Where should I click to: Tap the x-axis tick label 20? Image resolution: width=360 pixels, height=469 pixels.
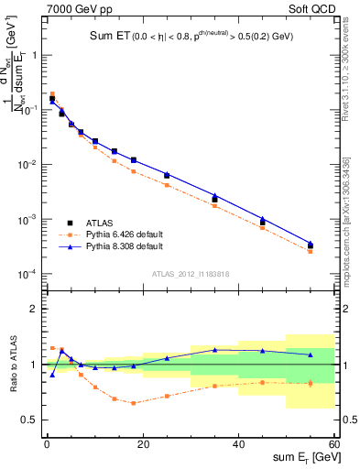[142, 444]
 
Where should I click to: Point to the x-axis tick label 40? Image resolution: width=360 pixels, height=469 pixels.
[238, 444]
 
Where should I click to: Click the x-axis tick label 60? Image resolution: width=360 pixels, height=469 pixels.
[333, 444]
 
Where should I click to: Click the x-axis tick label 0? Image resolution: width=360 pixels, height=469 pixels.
[47, 444]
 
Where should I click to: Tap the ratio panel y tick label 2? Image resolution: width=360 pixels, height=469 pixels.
[36, 309]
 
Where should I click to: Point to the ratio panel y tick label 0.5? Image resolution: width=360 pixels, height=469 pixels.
[31, 420]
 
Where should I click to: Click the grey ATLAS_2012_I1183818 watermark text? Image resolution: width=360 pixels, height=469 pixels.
[190, 273]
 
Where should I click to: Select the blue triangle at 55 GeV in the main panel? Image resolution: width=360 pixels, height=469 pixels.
[311, 244]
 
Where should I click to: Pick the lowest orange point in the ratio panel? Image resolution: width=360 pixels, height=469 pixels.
[133, 403]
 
